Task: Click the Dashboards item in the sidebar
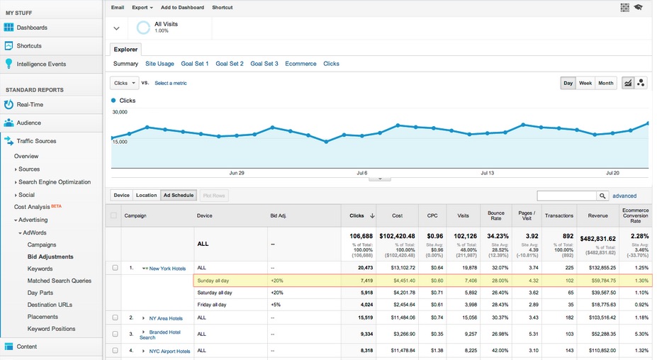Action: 32,28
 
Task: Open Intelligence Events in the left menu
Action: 41,64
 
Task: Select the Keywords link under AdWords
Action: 40,269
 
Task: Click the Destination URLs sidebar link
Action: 49,305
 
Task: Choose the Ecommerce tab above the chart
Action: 301,64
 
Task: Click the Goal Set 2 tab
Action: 230,64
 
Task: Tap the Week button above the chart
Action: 585,83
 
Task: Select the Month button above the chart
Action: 605,83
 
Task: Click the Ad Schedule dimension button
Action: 177,195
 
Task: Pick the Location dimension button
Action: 146,195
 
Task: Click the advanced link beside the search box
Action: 624,196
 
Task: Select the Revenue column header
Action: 597,215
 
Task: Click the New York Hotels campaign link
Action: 167,268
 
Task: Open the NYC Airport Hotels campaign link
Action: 169,351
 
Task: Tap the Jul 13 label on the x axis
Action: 487,172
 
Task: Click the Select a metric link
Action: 171,83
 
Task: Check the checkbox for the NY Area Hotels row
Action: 115,318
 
